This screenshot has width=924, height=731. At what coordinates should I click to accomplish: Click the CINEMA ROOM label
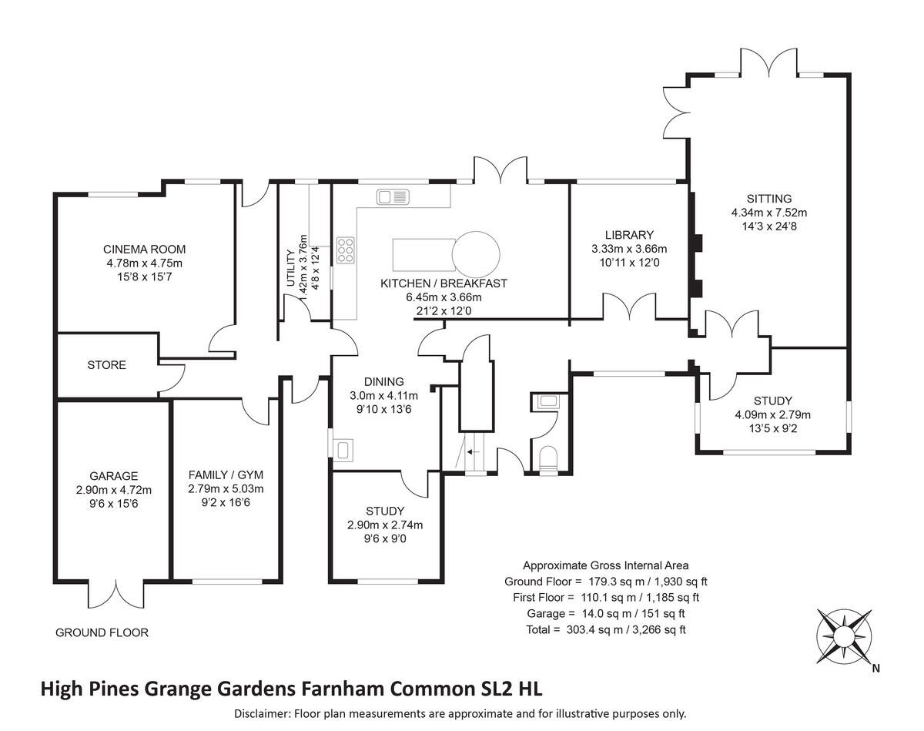click(145, 250)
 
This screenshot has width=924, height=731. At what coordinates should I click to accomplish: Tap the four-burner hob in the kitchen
click(346, 250)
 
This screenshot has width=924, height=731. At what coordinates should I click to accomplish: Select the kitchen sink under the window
click(393, 198)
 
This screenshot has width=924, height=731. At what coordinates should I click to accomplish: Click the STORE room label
click(106, 364)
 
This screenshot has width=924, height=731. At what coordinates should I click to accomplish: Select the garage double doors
click(116, 593)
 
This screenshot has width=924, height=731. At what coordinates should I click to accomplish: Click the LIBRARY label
click(628, 235)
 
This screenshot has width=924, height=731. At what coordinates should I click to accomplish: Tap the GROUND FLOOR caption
click(102, 632)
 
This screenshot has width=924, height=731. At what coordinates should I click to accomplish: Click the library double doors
click(631, 307)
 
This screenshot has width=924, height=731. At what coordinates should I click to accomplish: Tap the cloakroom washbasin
click(549, 401)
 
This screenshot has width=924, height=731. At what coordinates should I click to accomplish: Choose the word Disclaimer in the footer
click(261, 713)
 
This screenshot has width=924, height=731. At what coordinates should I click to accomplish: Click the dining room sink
click(343, 448)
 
